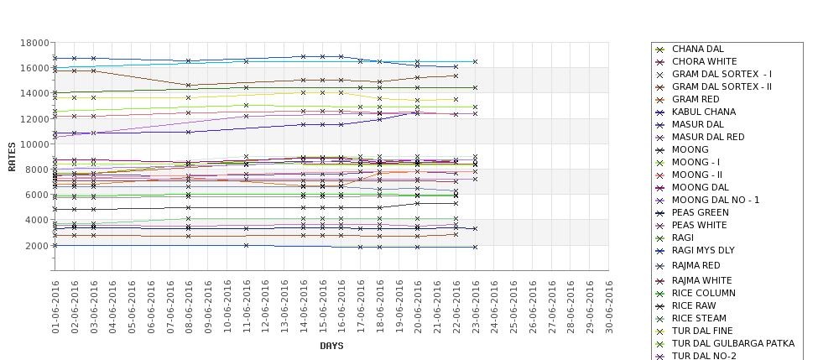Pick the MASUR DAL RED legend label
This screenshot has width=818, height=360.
tap(708, 138)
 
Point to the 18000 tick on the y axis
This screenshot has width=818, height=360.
tap(34, 43)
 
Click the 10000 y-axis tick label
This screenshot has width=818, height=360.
tap(34, 144)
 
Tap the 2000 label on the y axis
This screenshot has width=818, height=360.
tap(38, 246)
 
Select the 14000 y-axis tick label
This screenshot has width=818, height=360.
tap(34, 94)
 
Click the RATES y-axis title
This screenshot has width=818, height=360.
tap(12, 156)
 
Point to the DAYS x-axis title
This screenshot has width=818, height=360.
tap(331, 346)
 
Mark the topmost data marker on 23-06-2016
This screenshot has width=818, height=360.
tap(475, 62)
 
